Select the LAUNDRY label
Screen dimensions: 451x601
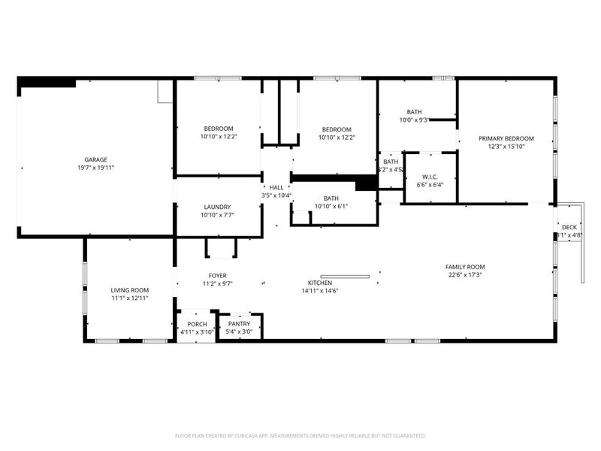point(217,207)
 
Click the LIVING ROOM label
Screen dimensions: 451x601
point(130,290)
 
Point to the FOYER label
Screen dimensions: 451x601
point(217,276)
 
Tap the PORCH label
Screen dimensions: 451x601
point(197,324)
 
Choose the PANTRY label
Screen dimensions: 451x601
point(239,324)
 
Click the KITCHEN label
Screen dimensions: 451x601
point(320,283)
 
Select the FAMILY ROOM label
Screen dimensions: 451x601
point(465,267)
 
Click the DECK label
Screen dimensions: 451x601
point(569,227)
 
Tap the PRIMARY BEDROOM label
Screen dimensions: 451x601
point(506,138)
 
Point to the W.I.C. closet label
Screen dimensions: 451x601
point(430,177)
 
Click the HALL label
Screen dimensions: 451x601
point(276,187)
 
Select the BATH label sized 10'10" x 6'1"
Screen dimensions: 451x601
point(331,198)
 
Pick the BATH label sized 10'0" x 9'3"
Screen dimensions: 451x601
point(414,111)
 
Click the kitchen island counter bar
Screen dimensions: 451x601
point(345,277)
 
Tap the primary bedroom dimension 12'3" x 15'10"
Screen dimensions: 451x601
point(506,147)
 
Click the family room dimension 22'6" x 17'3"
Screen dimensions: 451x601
point(465,275)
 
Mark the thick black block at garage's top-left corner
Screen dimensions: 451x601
point(47,83)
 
